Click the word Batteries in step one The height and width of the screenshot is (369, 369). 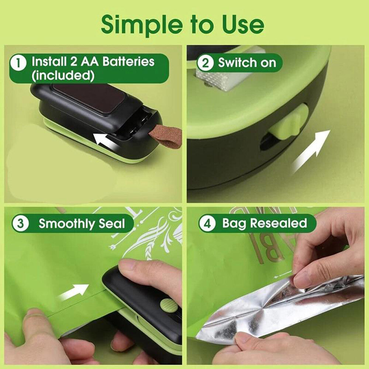point(128,61)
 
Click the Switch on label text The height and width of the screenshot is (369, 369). point(247,63)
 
